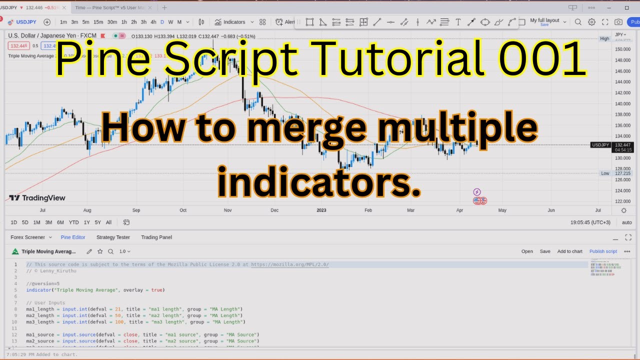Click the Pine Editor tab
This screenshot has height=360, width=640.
[73, 237]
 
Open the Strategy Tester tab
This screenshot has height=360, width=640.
[113, 237]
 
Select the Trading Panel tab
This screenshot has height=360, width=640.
[156, 237]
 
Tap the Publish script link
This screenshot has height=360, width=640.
[603, 251]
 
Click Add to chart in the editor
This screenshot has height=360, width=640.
[569, 251]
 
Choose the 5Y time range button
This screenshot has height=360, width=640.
[97, 222]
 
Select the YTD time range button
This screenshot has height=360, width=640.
[73, 222]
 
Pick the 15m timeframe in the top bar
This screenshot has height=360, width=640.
[98, 22]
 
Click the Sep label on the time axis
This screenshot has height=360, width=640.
[136, 210]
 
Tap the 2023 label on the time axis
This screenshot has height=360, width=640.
[321, 210]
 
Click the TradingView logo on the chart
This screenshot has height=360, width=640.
[37, 198]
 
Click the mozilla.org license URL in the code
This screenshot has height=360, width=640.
[289, 264]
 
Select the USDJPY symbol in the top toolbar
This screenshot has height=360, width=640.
[26, 22]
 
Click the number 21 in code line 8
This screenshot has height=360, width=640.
[118, 309]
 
